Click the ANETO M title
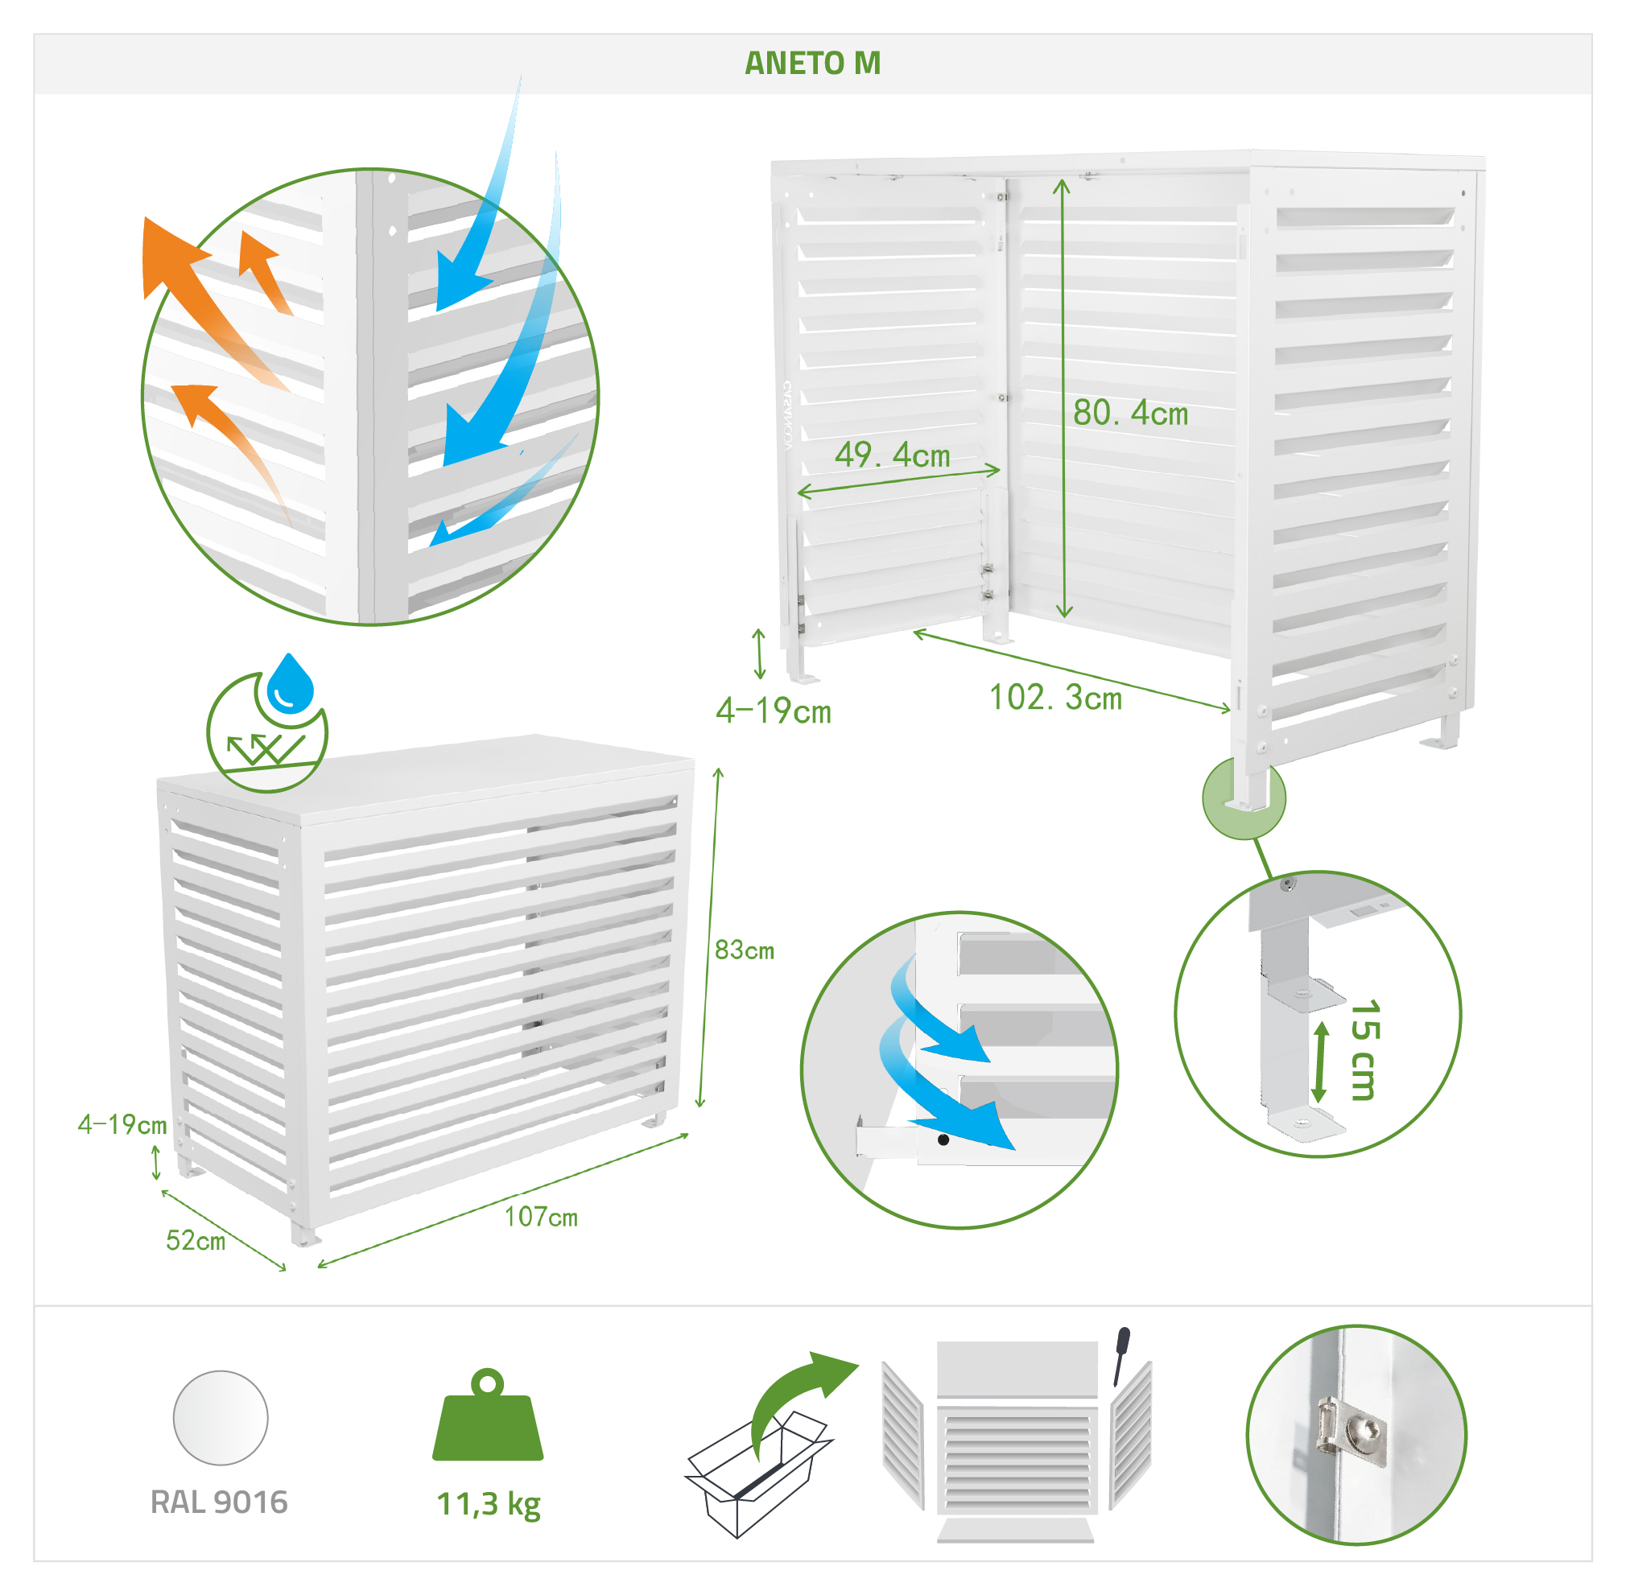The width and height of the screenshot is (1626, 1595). (x=811, y=63)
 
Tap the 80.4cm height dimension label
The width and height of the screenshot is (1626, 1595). (x=1130, y=412)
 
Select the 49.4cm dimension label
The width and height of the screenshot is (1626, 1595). (x=892, y=455)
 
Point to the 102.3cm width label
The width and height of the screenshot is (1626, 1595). (x=1055, y=697)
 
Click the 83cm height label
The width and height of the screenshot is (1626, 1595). (x=744, y=949)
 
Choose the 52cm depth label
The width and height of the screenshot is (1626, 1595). (x=195, y=1240)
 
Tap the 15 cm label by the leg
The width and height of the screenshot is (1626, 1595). (x=1364, y=1049)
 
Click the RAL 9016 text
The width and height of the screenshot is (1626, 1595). (x=219, y=1502)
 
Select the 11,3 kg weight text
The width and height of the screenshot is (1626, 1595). (x=489, y=1505)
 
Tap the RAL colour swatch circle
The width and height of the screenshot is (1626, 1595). (x=221, y=1417)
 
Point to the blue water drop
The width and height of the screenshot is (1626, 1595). (x=289, y=682)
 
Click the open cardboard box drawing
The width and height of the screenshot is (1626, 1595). (x=758, y=1474)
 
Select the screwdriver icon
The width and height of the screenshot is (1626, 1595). (x=1120, y=1355)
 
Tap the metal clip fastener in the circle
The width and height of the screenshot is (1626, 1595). (x=1352, y=1434)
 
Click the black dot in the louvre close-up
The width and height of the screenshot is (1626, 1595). (x=943, y=1140)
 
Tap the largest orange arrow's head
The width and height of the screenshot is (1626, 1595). (x=171, y=255)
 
